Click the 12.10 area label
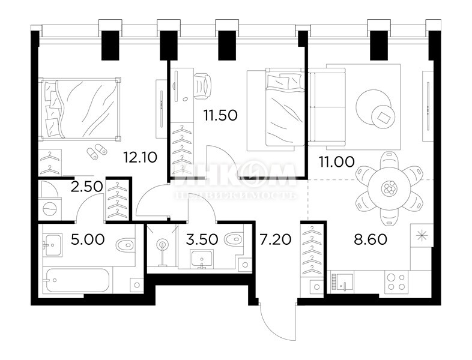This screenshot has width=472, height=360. (140, 158)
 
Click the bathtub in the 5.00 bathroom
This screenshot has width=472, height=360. (77, 280)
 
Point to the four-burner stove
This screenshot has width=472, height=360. (395, 281)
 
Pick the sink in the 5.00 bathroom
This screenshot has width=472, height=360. (52, 245)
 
